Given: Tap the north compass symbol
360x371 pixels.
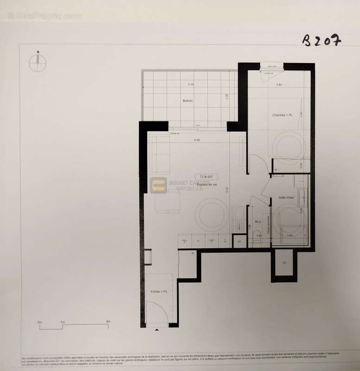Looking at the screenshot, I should [38, 63].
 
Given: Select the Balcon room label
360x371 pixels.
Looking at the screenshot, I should [188, 101].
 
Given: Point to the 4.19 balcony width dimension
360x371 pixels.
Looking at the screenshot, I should [190, 84].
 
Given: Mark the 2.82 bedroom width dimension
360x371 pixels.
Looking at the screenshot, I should [279, 85].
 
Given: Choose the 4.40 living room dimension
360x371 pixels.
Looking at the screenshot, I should [196, 140].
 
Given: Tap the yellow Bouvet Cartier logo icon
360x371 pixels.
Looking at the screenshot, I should [158, 185].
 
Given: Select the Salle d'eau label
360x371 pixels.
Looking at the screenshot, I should [287, 198].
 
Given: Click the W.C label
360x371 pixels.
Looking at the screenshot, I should [259, 221].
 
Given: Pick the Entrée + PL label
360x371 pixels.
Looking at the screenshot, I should [158, 291].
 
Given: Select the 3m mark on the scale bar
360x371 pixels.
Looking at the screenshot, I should [108, 321].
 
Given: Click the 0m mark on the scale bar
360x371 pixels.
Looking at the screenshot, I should [40, 321].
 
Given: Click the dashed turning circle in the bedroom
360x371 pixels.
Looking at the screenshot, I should [289, 148].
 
